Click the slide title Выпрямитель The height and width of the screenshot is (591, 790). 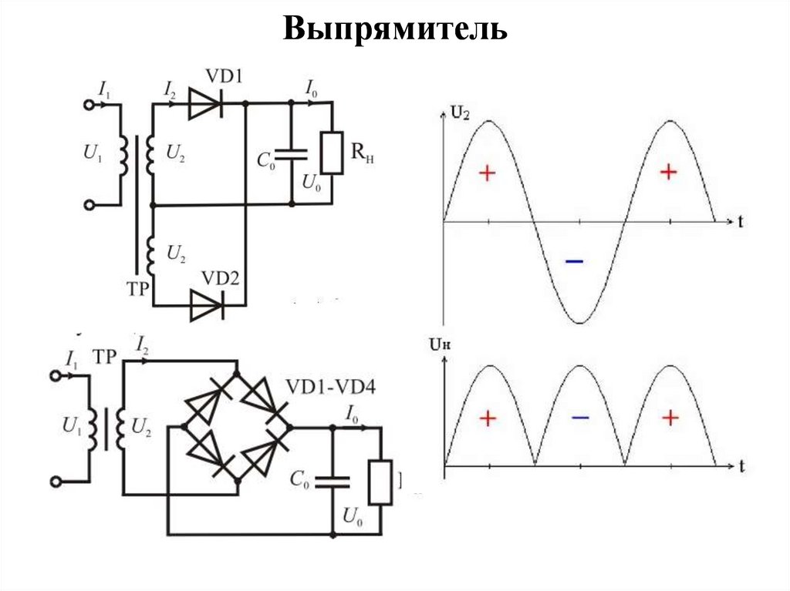(395, 29)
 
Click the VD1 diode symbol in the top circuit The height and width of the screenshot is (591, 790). (206, 102)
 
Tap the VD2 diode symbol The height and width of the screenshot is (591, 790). (206, 306)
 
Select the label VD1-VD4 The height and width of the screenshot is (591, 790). (331, 386)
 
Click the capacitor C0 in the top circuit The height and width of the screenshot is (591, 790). (292, 153)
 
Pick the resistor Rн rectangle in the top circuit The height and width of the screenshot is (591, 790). (332, 153)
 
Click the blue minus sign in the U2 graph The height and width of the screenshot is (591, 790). (574, 263)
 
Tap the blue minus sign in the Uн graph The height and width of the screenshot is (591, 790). (580, 418)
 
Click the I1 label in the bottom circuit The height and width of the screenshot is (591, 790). (73, 359)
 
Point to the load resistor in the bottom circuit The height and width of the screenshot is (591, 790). (380, 482)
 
